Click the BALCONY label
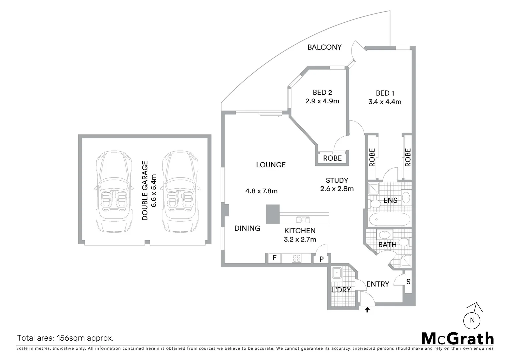pos(324,47)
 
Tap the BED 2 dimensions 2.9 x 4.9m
pos(322,101)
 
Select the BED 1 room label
pos(385,93)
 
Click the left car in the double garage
pos(112,192)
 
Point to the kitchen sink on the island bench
pos(303,220)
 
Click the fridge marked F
pos(274,258)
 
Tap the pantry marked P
pos(321,259)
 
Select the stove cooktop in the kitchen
pos(296,258)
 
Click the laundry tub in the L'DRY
pos(337,273)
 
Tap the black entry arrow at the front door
pos(367,310)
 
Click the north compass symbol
pos(472,319)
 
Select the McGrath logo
pos(457,339)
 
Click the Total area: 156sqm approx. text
pos(65,338)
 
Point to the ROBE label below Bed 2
pos(332,158)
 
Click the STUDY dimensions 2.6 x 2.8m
pos(337,189)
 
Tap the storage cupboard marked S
pos(408,282)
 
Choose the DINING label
pos(247,228)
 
